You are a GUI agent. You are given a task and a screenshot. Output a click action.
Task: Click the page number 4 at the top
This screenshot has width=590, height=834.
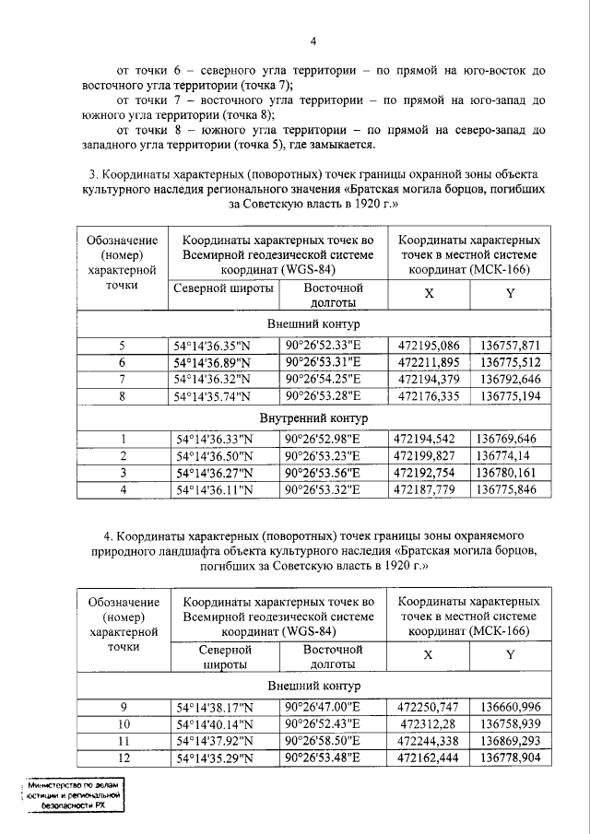[313, 41]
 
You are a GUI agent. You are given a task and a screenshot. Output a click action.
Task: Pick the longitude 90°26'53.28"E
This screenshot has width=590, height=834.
[324, 396]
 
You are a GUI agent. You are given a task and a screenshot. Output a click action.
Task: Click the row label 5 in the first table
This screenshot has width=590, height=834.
[122, 347]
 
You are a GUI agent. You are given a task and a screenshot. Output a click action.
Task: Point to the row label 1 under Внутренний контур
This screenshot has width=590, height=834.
[122, 439]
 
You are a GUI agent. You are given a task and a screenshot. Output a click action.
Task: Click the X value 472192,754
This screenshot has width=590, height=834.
[425, 472]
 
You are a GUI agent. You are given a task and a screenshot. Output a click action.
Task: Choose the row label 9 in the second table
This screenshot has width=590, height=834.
[122, 707]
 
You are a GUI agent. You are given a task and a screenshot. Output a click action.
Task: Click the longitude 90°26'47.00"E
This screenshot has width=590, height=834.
[324, 707]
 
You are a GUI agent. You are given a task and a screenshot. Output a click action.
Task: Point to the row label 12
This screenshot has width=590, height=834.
[122, 758]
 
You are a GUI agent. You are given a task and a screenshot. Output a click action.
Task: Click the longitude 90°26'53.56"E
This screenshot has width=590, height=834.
[324, 472]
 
